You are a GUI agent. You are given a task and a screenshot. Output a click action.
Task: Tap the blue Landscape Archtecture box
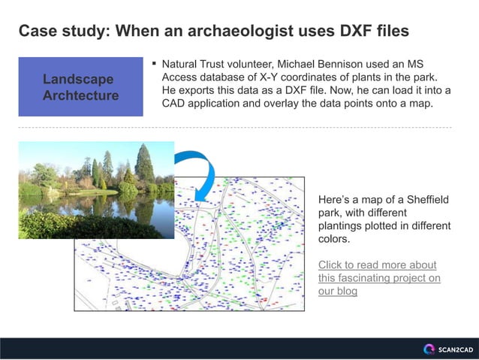(x=80, y=87)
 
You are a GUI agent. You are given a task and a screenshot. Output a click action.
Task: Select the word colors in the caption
(x=334, y=240)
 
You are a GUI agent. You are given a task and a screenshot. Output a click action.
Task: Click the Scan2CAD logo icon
(x=429, y=349)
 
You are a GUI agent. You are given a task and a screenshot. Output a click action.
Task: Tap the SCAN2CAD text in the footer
(x=456, y=349)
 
